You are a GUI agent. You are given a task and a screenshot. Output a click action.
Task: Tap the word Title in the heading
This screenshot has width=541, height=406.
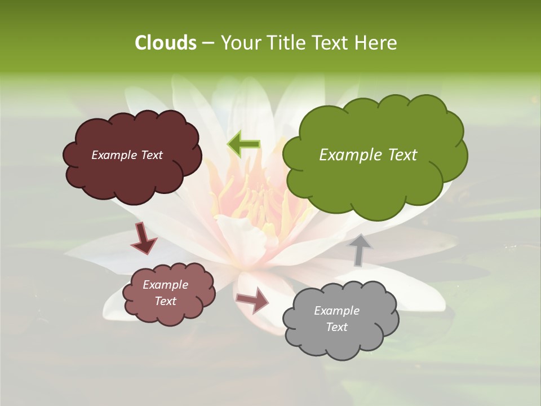287,43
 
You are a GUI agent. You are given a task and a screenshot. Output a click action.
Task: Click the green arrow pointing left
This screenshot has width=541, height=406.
243,144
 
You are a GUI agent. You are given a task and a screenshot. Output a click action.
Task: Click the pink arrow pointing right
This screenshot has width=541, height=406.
253,299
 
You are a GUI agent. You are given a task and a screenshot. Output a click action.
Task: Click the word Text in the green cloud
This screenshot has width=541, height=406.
402,155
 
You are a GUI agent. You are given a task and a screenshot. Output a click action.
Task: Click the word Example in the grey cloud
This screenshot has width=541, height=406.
336,311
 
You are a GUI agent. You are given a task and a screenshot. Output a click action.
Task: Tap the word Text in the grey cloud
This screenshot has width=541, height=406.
336,327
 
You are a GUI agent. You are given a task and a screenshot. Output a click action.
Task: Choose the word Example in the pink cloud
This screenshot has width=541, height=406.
165,285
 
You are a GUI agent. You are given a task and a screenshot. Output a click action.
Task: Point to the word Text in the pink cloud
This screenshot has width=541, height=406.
165,301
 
